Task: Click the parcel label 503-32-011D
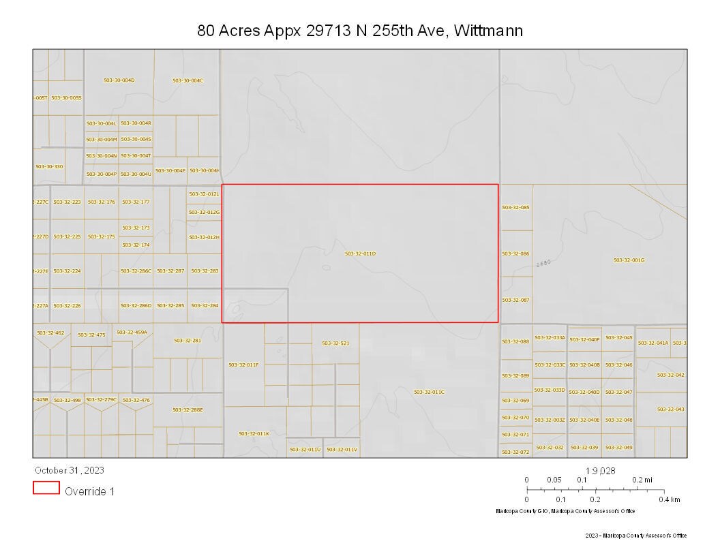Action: pos(360,253)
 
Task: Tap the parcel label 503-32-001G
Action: pos(629,260)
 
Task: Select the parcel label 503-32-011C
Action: pos(429,392)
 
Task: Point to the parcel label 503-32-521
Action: pos(335,343)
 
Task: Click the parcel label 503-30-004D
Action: pos(119,80)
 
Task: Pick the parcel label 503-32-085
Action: pos(515,207)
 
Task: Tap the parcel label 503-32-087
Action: pos(515,300)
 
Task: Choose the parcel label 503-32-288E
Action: pos(187,410)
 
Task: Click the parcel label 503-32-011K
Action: pos(254,433)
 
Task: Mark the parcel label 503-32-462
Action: pos(50,333)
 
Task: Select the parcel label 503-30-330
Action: pos(49,167)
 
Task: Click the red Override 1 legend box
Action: pos(46,488)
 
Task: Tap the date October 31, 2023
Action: pos(70,470)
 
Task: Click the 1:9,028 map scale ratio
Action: pos(601,470)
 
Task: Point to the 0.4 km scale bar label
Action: pos(669,499)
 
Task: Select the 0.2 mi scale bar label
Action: pos(642,480)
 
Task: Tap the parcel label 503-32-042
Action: pos(670,375)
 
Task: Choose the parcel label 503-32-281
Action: pos(187,341)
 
